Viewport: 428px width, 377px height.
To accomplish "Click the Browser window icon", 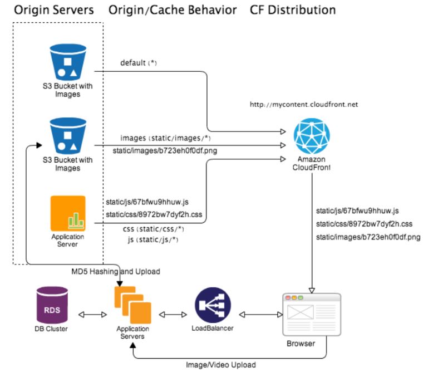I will [x=311, y=315].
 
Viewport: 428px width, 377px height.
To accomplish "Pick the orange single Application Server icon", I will [x=68, y=213].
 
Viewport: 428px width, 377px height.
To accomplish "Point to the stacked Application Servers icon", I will [x=132, y=306].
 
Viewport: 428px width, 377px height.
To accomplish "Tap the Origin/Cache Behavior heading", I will [x=173, y=10].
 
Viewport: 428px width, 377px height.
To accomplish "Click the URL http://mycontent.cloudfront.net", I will [x=303, y=104].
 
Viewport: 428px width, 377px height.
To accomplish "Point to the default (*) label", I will [x=139, y=63].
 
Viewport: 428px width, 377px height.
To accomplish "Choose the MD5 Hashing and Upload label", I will [x=116, y=272].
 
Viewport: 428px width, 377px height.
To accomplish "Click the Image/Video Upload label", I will [x=220, y=365].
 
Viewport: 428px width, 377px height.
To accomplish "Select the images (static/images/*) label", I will [x=165, y=138].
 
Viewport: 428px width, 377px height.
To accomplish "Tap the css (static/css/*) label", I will [x=153, y=229].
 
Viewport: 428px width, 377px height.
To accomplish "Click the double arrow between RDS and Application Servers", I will [x=94, y=315].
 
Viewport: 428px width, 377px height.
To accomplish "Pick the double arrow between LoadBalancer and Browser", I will [x=260, y=315].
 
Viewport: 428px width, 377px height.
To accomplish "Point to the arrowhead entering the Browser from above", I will [x=312, y=289].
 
